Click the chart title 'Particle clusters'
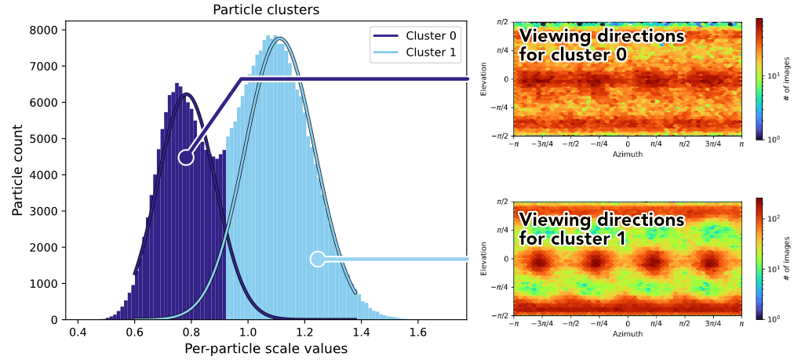click(x=266, y=10)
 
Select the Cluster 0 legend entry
click(x=416, y=36)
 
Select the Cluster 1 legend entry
click(x=416, y=53)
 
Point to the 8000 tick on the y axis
click(x=45, y=30)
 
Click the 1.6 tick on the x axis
click(x=417, y=331)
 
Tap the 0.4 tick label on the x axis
click(x=77, y=331)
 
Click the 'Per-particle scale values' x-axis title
click(x=266, y=347)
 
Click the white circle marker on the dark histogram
click(x=186, y=157)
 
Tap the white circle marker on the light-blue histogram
click(x=318, y=259)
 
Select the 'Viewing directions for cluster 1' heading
click(x=600, y=228)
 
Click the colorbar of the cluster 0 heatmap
click(x=759, y=78)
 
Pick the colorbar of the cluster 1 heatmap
click(x=759, y=258)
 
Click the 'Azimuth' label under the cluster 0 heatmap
click(x=627, y=155)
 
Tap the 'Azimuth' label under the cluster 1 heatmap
click(x=627, y=334)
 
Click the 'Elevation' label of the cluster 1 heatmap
click(x=486, y=258)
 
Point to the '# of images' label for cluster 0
click(x=787, y=79)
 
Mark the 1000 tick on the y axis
click(x=45, y=284)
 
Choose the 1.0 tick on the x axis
click(x=247, y=331)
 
